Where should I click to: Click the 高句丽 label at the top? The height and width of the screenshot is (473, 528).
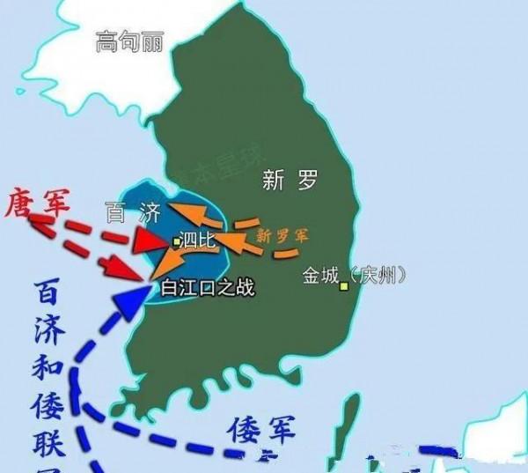[130, 41]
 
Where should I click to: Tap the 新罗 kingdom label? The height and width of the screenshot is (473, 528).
[290, 181]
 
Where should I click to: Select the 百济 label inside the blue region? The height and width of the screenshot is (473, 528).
[130, 214]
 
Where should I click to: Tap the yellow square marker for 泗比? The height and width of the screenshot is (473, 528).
[176, 240]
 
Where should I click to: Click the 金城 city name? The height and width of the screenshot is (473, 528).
[319, 275]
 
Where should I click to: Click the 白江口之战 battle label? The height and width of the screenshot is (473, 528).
[208, 287]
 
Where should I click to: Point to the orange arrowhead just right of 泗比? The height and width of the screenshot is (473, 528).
[223, 239]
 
